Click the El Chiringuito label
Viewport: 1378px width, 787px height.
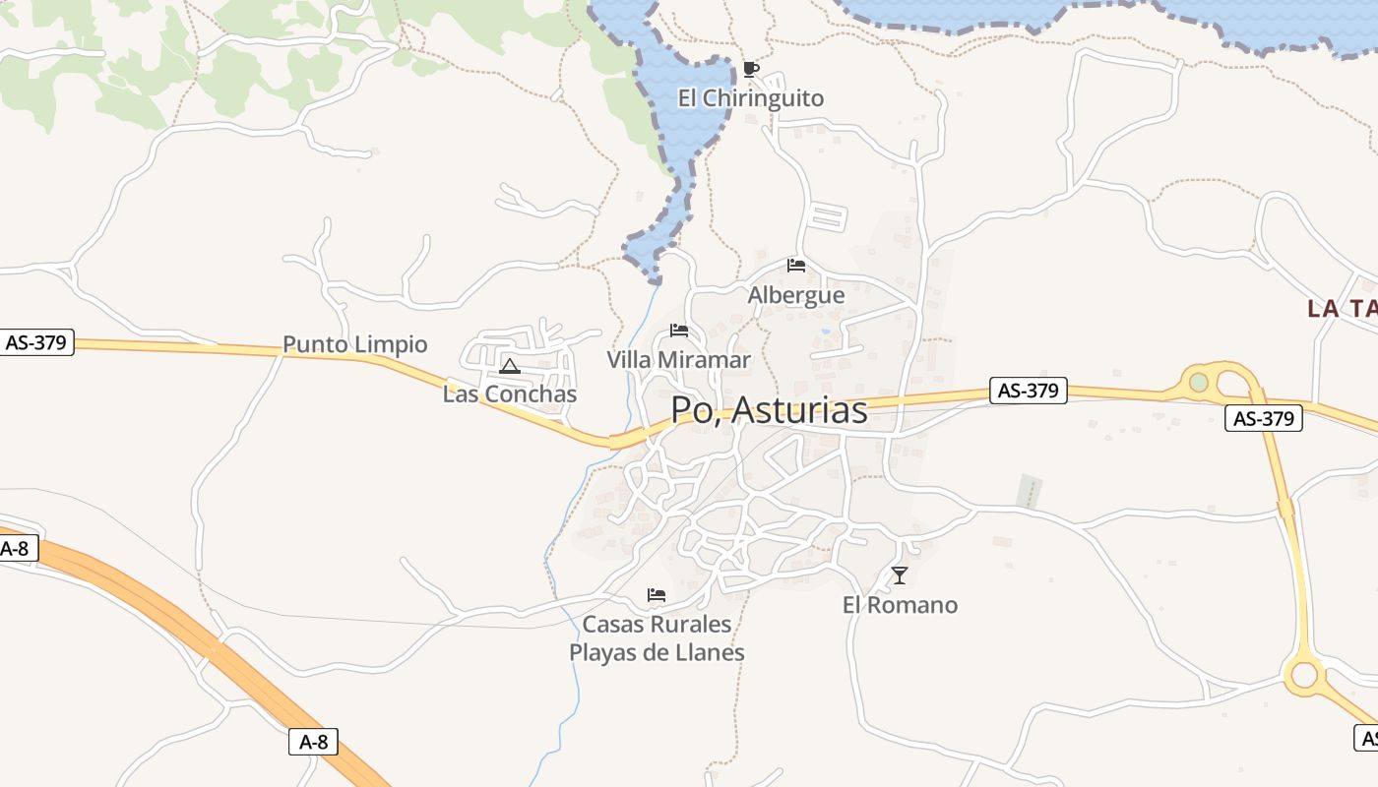tap(751, 98)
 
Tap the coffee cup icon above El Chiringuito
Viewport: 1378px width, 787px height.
tap(751, 69)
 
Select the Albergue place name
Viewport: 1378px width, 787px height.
tap(796, 295)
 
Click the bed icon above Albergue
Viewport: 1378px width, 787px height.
tap(796, 266)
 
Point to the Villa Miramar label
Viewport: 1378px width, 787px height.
tap(678, 360)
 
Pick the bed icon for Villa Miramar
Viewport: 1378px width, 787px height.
tap(678, 331)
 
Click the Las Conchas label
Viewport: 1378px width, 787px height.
tap(510, 394)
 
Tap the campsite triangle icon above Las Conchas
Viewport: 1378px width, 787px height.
tap(510, 367)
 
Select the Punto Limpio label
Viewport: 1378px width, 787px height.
tap(355, 344)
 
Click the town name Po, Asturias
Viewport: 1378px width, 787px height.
tap(769, 410)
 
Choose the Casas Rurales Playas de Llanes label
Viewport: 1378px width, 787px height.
tap(657, 638)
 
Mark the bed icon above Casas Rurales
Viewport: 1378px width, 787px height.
tap(657, 595)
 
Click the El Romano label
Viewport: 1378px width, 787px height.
tap(900, 605)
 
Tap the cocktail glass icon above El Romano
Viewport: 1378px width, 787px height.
tap(900, 575)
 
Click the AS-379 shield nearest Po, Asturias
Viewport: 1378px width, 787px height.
tap(1028, 391)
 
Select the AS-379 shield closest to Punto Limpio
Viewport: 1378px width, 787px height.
tap(36, 342)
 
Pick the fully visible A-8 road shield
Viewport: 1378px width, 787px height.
tap(313, 742)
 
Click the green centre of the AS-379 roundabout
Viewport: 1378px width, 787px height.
tap(1198, 382)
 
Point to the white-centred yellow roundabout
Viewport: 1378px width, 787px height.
tap(1304, 675)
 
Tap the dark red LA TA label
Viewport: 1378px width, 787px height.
tap(1342, 309)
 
